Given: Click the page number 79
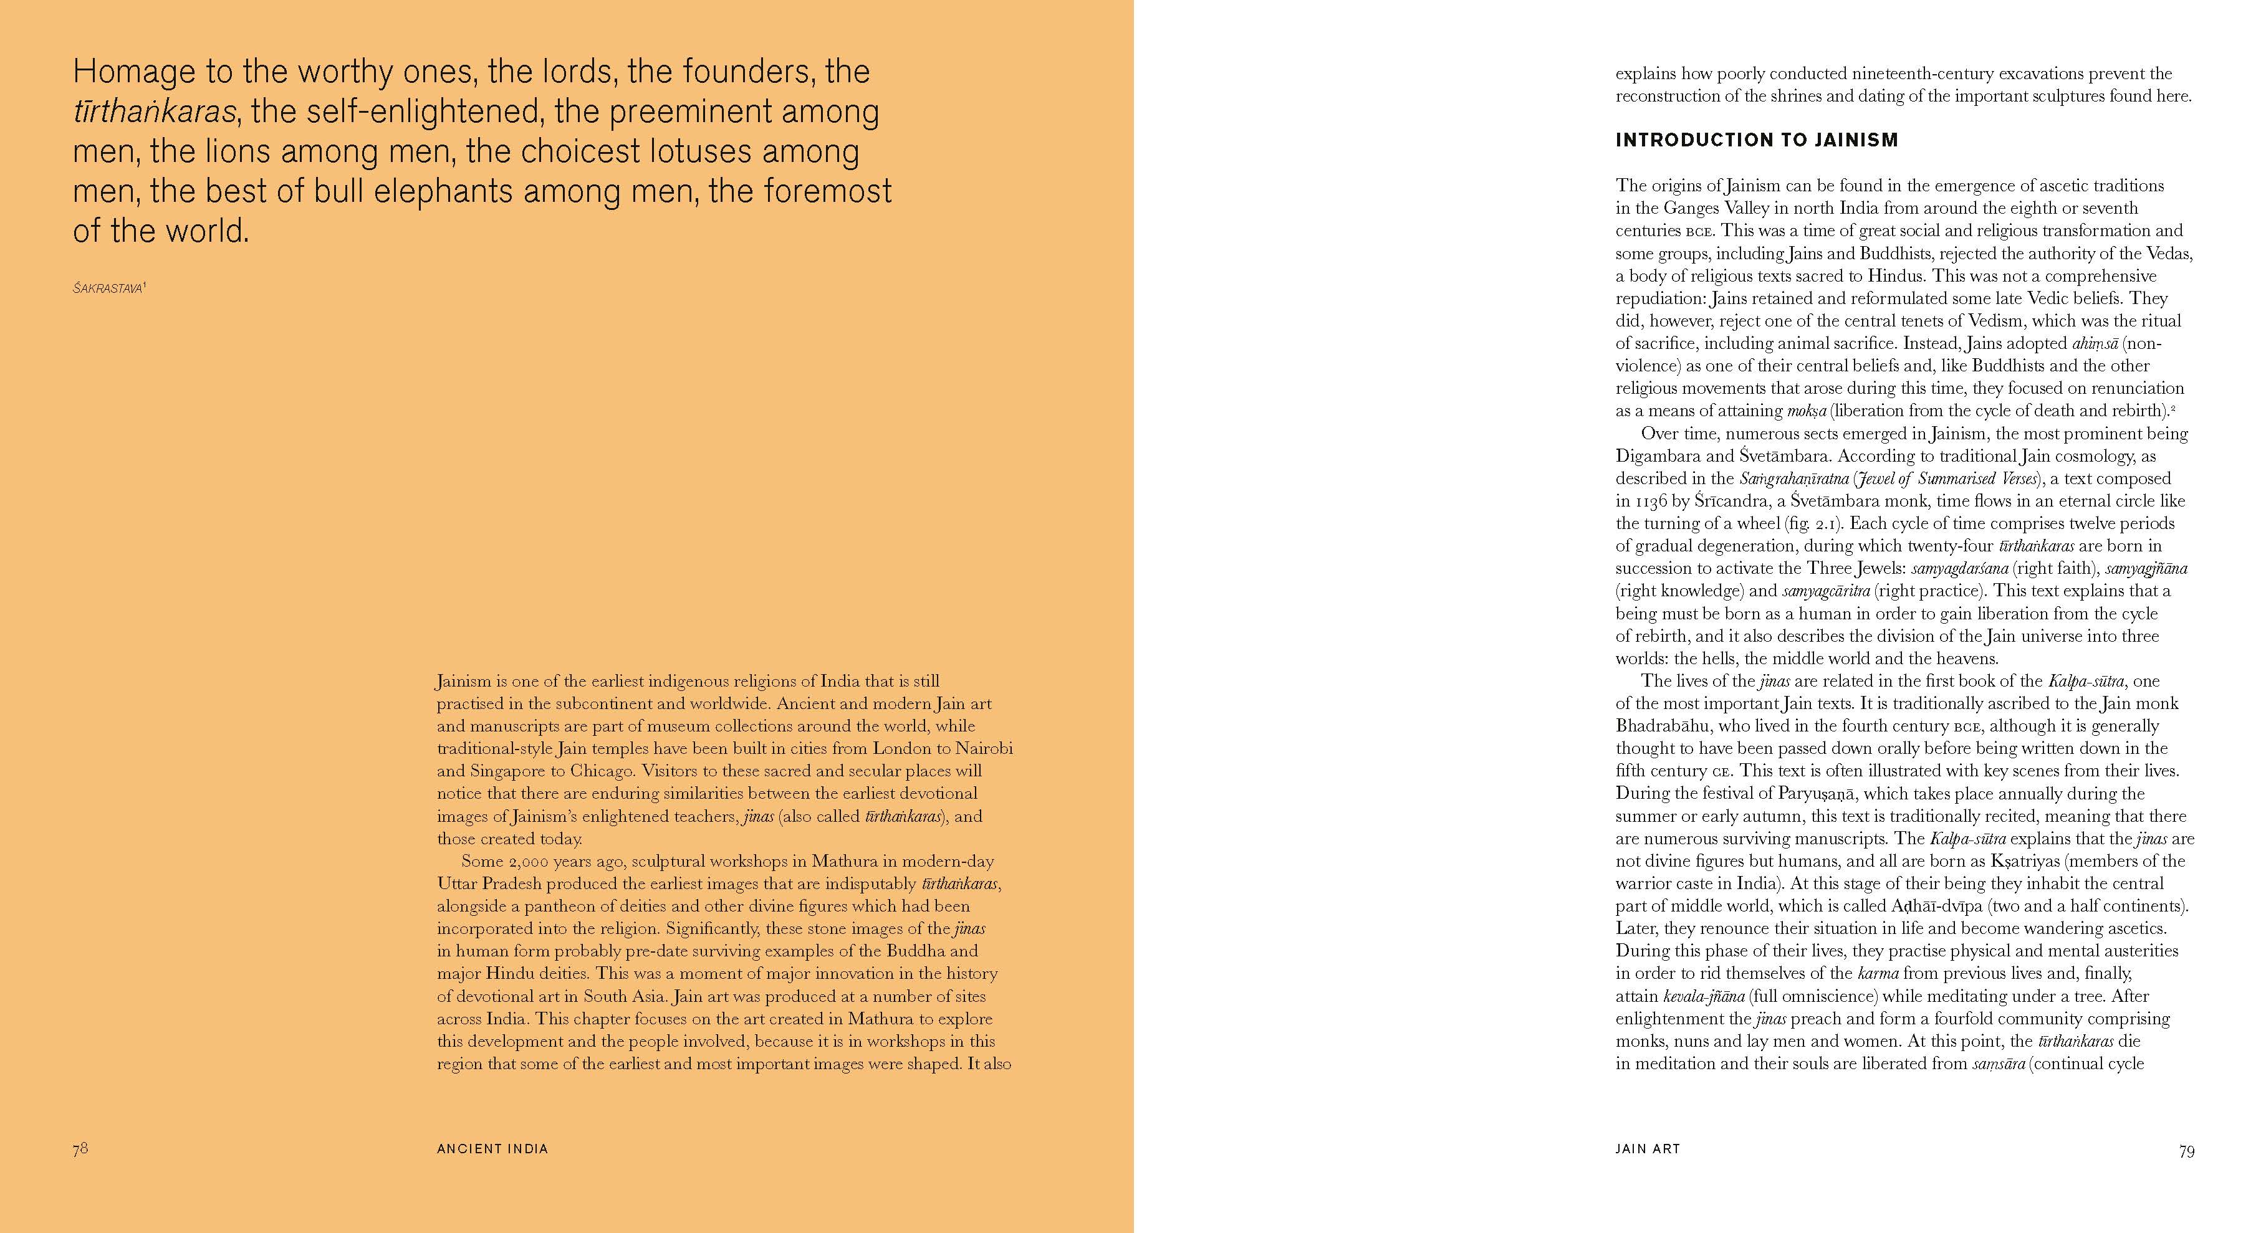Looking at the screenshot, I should click(2186, 1151).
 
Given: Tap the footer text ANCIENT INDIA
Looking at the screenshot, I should click(492, 1148).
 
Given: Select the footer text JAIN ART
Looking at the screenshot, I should click(1648, 1148).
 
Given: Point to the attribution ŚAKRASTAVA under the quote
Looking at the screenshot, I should click(107, 288).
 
